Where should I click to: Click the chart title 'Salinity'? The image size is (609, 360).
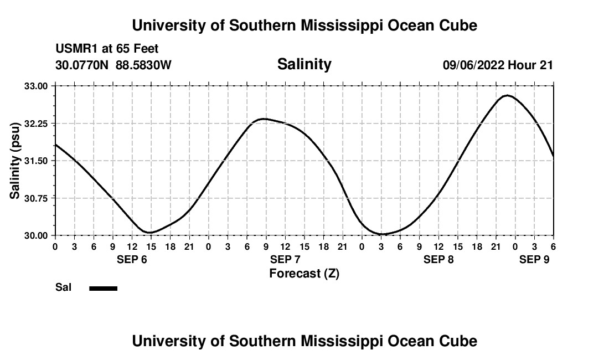tap(304, 64)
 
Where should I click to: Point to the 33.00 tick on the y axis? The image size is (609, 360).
tap(37, 86)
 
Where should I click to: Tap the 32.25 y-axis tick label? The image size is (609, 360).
tap(37, 124)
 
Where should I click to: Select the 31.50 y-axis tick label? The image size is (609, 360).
tap(37, 161)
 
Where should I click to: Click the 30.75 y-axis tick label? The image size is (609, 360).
tap(37, 198)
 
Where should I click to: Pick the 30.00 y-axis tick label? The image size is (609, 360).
tap(37, 235)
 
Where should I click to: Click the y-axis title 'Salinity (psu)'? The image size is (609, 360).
tap(15, 161)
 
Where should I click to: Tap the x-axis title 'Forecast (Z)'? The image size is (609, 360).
tap(304, 274)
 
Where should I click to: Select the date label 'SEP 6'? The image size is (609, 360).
tap(132, 259)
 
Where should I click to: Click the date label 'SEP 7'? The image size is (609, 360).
tap(285, 259)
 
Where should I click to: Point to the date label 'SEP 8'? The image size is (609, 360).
tap(438, 259)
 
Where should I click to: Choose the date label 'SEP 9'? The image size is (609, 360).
tap(534, 259)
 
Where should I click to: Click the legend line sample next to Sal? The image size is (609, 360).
tap(103, 288)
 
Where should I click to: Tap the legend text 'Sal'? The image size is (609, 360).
tap(63, 287)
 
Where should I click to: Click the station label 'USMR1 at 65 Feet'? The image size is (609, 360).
tap(107, 49)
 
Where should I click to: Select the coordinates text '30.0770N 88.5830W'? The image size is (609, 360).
tap(113, 65)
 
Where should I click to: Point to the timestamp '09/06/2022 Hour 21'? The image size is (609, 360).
tap(498, 65)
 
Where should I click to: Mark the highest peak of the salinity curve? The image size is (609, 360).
tap(507, 95)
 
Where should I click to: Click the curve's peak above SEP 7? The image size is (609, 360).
tap(265, 119)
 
